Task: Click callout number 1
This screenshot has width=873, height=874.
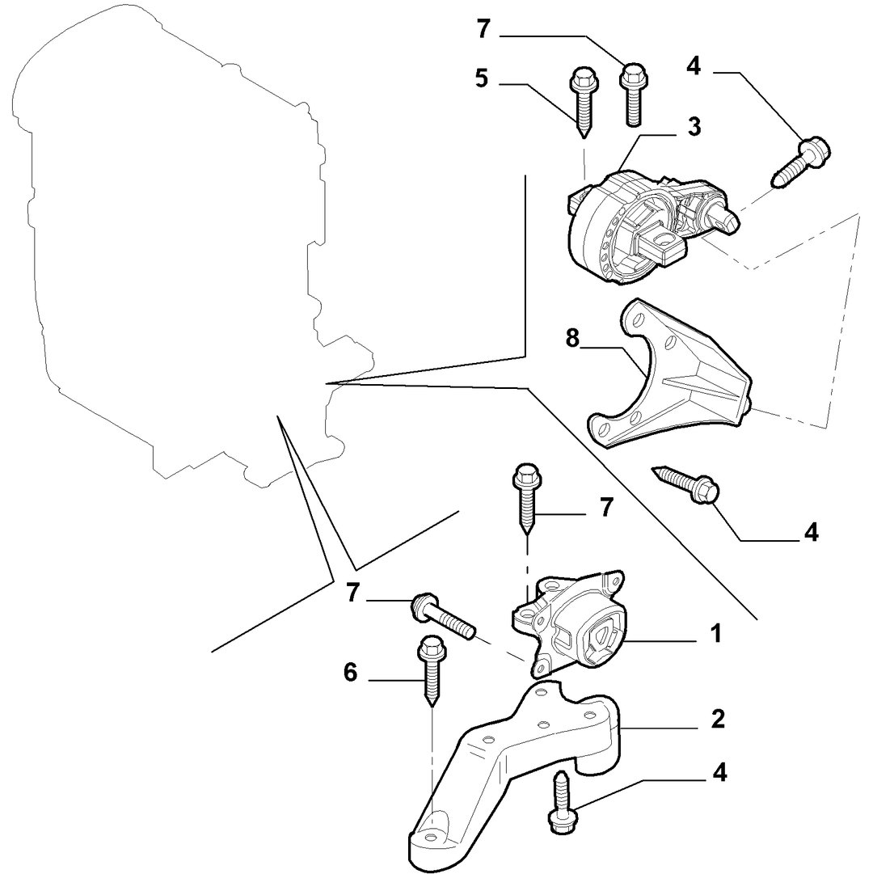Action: (x=716, y=634)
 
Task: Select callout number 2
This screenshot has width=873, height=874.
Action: (x=718, y=719)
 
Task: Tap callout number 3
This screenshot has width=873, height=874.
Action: (x=694, y=126)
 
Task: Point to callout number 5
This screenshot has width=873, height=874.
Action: (x=481, y=78)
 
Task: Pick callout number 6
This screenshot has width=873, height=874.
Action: (x=350, y=673)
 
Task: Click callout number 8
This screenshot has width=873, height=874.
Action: (x=572, y=339)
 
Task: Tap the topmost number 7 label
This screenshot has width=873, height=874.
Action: (x=483, y=29)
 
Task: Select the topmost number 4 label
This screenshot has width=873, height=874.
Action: (x=693, y=65)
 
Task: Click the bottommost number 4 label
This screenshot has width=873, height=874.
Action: (x=719, y=773)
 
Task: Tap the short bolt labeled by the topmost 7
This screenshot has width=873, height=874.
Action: (x=633, y=95)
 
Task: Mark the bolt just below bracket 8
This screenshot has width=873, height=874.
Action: (x=685, y=483)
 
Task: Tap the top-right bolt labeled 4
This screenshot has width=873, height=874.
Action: (x=801, y=162)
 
